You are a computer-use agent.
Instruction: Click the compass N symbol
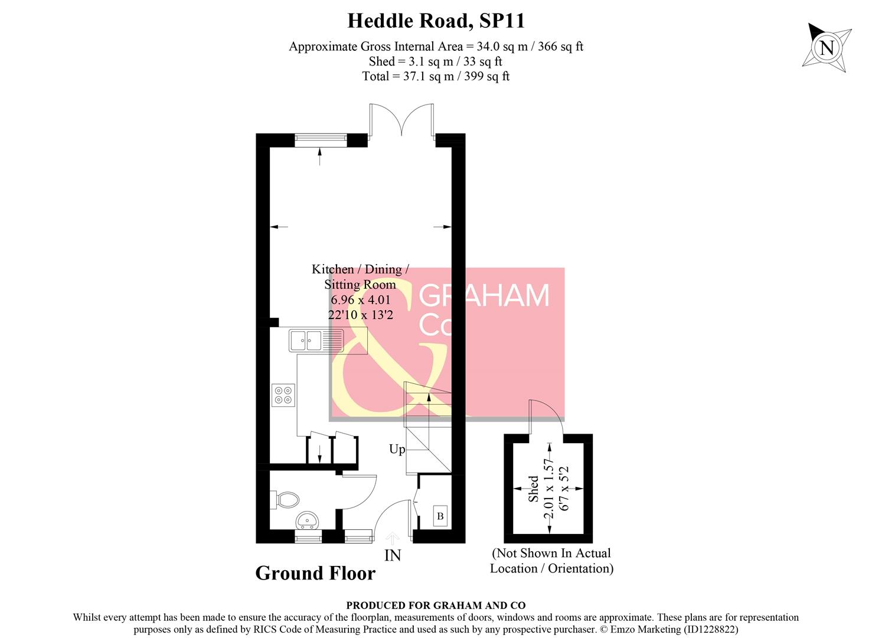827,47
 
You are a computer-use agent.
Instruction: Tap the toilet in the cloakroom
286,499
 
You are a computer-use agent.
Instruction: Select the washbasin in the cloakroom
307,520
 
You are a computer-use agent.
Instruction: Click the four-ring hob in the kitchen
283,395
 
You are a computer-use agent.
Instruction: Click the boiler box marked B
440,516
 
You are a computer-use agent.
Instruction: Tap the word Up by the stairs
397,450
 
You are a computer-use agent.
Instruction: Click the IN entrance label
393,556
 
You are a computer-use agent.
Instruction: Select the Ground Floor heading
315,573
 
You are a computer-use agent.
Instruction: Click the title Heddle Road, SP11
436,21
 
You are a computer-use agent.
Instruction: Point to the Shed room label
534,489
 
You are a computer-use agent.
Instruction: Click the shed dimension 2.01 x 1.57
550,489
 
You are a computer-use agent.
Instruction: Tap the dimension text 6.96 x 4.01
360,300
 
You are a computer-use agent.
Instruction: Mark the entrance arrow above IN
393,538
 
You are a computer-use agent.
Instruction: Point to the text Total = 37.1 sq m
436,76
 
